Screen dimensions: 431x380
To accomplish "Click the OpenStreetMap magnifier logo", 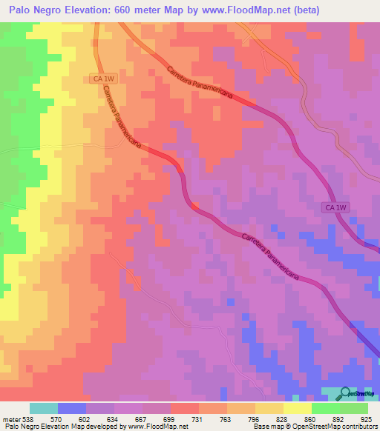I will (x=346, y=393).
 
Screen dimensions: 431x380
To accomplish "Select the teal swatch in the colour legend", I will (x=44, y=408).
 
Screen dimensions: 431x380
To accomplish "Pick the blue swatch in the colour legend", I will (x=72, y=408).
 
